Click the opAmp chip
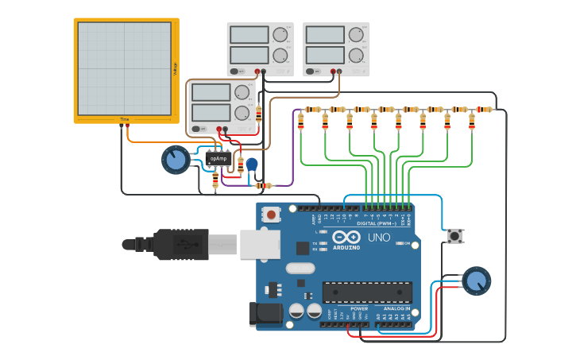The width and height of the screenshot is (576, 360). pyautogui.click(x=218, y=159)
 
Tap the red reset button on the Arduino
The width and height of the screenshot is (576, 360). pyautogui.click(x=272, y=214)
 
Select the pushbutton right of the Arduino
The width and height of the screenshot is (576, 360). pyautogui.click(x=454, y=235)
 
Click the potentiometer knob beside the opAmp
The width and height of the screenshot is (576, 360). pyautogui.click(x=176, y=160)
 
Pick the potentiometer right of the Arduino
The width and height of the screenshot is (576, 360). pyautogui.click(x=477, y=281)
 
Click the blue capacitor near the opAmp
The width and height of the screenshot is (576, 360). pyautogui.click(x=252, y=165)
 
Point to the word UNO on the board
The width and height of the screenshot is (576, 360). pyautogui.click(x=378, y=237)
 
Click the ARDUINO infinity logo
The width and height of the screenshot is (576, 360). pyautogui.click(x=346, y=237)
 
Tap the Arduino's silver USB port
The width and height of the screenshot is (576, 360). pyautogui.click(x=260, y=244)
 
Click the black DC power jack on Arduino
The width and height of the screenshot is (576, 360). pyautogui.click(x=266, y=314)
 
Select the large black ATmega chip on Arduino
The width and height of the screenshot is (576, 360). pyautogui.click(x=366, y=292)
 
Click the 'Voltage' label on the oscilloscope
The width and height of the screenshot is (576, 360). pyautogui.click(x=175, y=69)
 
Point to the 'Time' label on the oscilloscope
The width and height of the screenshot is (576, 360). pyautogui.click(x=124, y=119)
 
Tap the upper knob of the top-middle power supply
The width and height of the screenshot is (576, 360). pyautogui.click(x=280, y=35)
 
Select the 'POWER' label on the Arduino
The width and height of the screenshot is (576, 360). pyautogui.click(x=359, y=308)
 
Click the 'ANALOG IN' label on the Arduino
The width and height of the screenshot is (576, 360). pyautogui.click(x=397, y=308)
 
